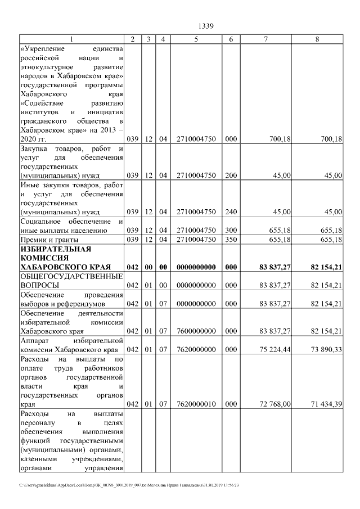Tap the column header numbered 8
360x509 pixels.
tap(318, 39)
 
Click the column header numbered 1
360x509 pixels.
tap(71, 39)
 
